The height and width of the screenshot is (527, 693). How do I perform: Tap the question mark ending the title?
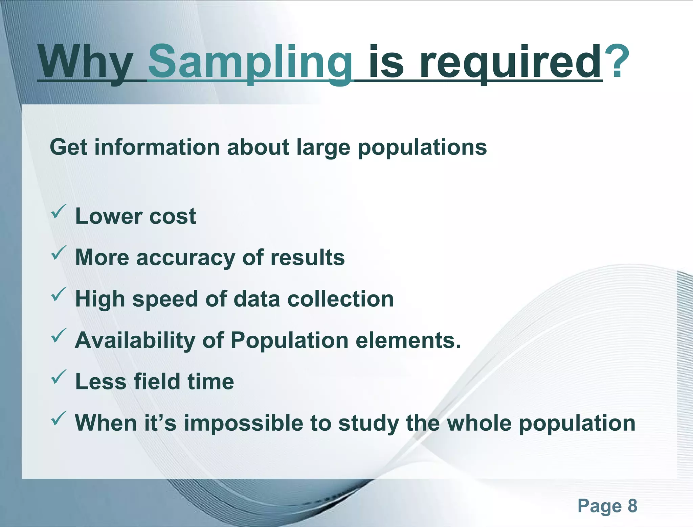pyautogui.click(x=617, y=61)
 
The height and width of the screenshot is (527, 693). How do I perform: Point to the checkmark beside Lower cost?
pyautogui.click(x=58, y=212)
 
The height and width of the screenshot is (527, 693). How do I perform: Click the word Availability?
pyautogui.click(x=135, y=340)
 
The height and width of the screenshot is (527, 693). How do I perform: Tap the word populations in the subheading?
pyautogui.click(x=422, y=148)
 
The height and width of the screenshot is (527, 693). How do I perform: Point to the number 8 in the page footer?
pyautogui.click(x=632, y=506)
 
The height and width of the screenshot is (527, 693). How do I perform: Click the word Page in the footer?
pyautogui.click(x=599, y=506)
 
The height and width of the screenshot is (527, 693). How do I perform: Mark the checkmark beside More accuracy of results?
pyautogui.click(x=58, y=253)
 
